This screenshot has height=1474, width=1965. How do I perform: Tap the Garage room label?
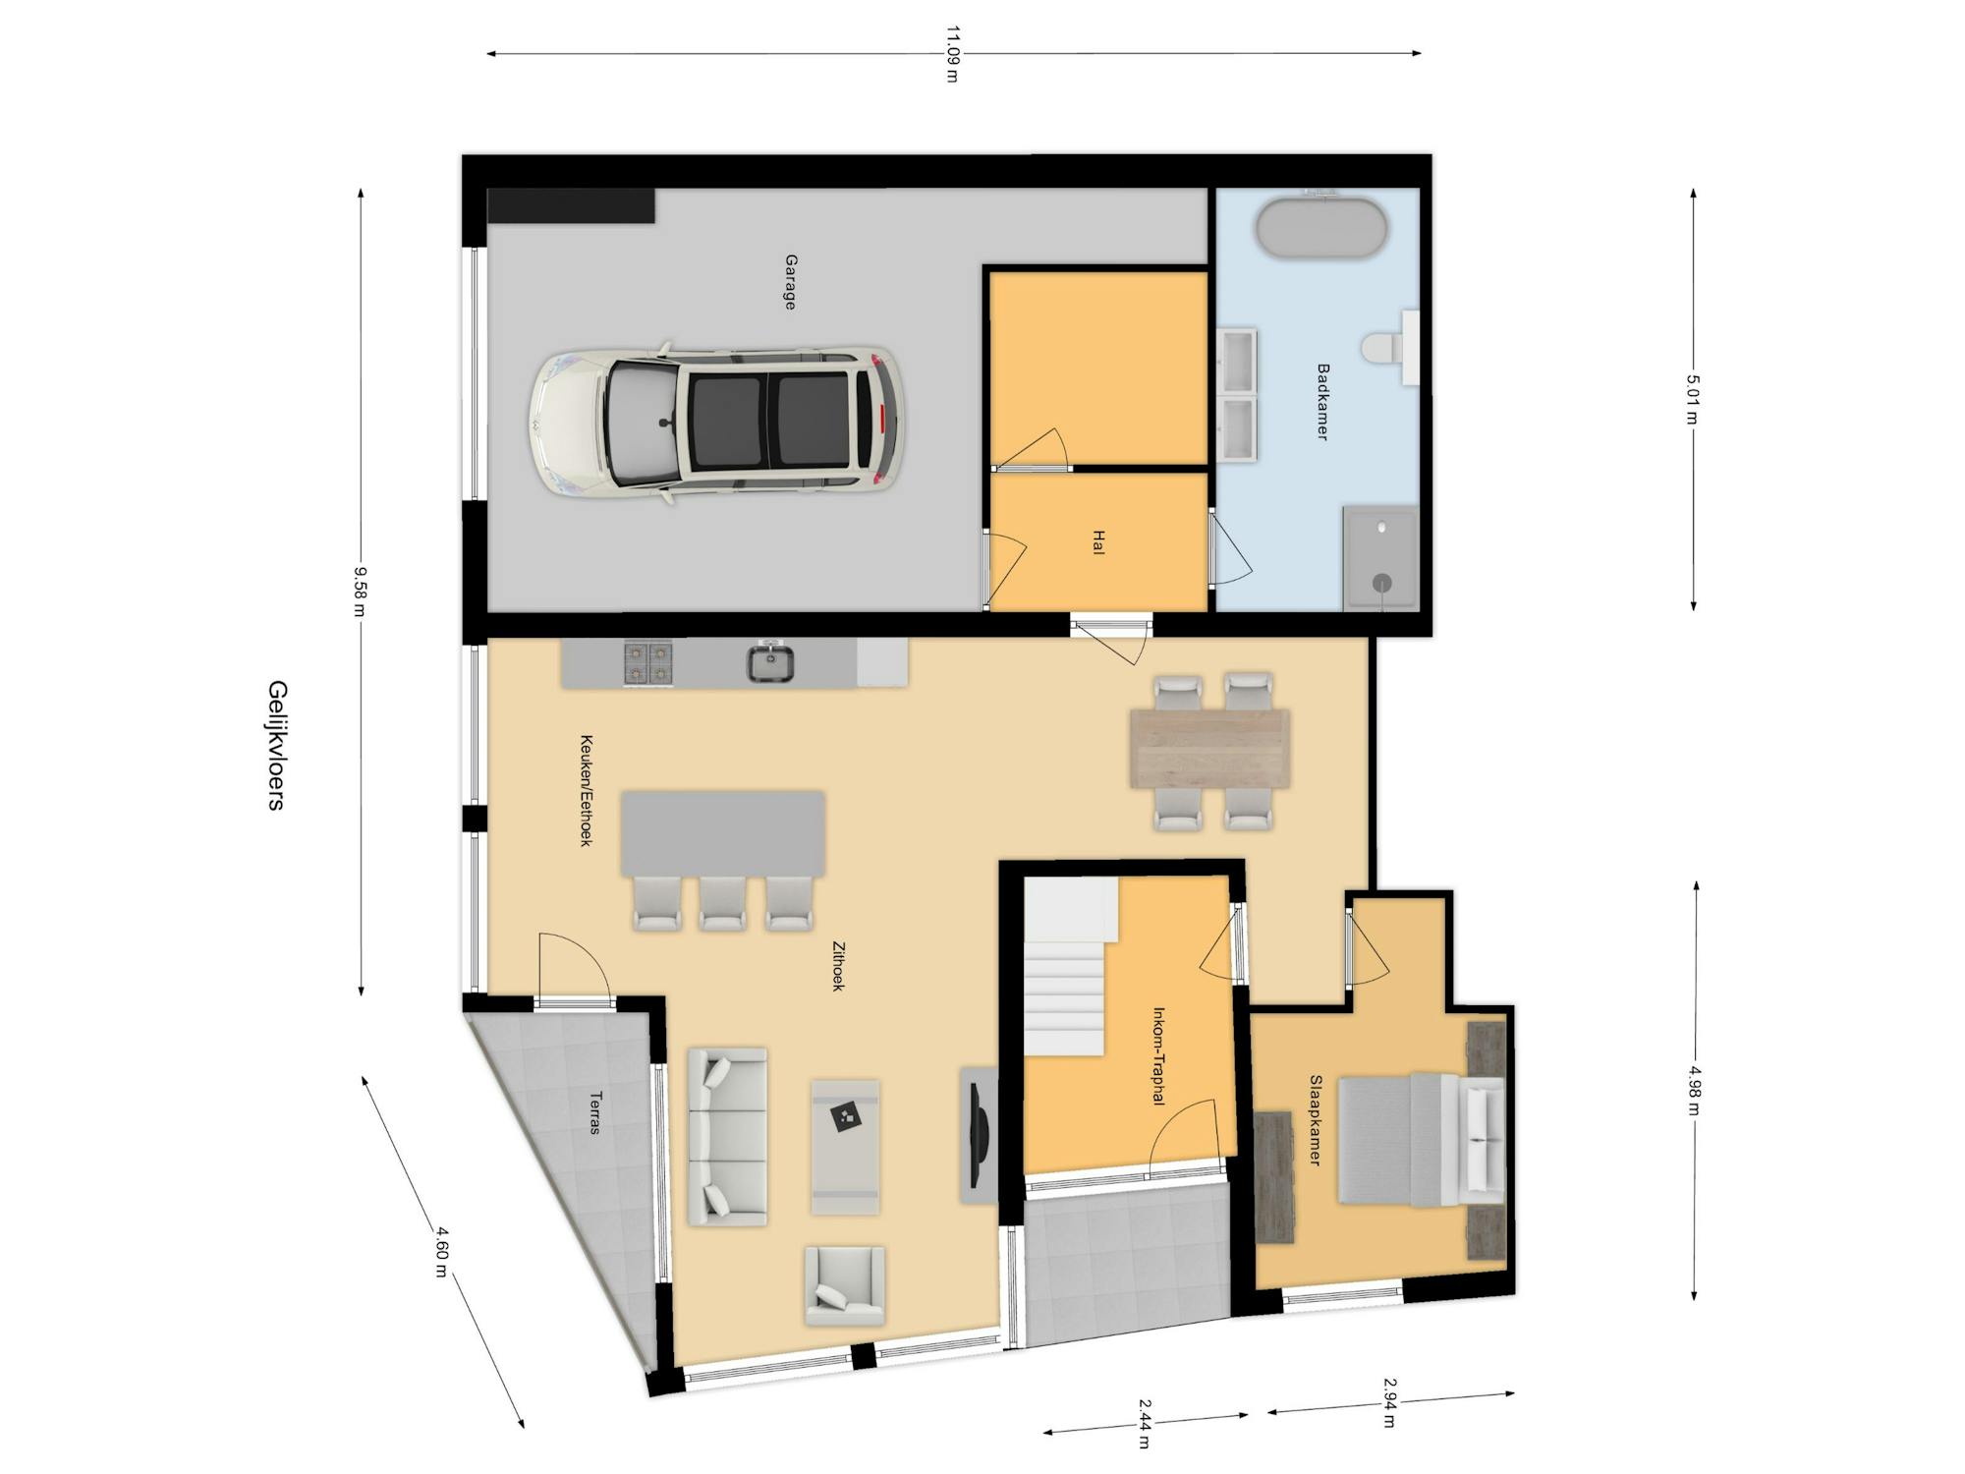tap(790, 282)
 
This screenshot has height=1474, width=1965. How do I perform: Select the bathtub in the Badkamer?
tap(1321, 229)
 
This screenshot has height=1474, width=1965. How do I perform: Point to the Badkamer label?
tap(1322, 401)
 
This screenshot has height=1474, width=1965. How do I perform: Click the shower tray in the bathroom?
tap(1381, 558)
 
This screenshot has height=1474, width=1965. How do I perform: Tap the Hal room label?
tap(1098, 542)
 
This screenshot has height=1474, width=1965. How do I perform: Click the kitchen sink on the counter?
tap(771, 662)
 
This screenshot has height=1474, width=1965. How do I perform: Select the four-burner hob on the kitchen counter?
tap(648, 662)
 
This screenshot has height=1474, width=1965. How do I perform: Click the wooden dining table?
tap(1210, 749)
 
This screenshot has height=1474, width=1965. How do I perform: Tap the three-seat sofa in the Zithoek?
tap(727, 1137)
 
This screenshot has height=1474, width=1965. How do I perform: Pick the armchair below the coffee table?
tap(845, 1286)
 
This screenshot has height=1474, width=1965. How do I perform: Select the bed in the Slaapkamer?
tap(1421, 1139)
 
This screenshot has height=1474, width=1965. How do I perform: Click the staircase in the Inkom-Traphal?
tap(1071, 968)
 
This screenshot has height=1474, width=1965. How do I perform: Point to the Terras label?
tap(594, 1112)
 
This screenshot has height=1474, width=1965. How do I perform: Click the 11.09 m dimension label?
tap(951, 54)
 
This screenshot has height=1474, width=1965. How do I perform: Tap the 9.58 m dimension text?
tap(361, 592)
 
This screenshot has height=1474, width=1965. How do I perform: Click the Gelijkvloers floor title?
tap(276, 745)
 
